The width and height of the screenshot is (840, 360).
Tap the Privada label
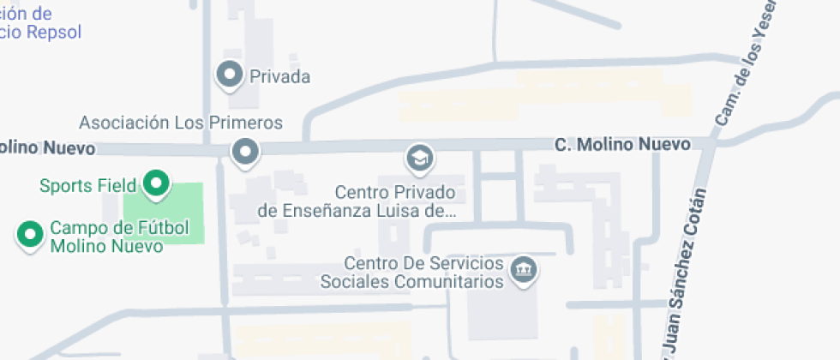(x=279, y=77)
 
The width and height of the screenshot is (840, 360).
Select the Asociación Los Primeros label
(x=181, y=123)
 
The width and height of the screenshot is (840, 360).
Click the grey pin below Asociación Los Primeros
(x=246, y=152)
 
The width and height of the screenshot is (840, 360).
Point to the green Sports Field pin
(x=156, y=183)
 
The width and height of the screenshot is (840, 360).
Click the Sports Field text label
(x=88, y=185)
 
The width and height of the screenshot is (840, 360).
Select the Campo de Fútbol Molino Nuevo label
(x=105, y=237)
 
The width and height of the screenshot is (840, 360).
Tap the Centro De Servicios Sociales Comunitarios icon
(x=520, y=269)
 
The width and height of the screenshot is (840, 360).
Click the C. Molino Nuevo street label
(x=622, y=145)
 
